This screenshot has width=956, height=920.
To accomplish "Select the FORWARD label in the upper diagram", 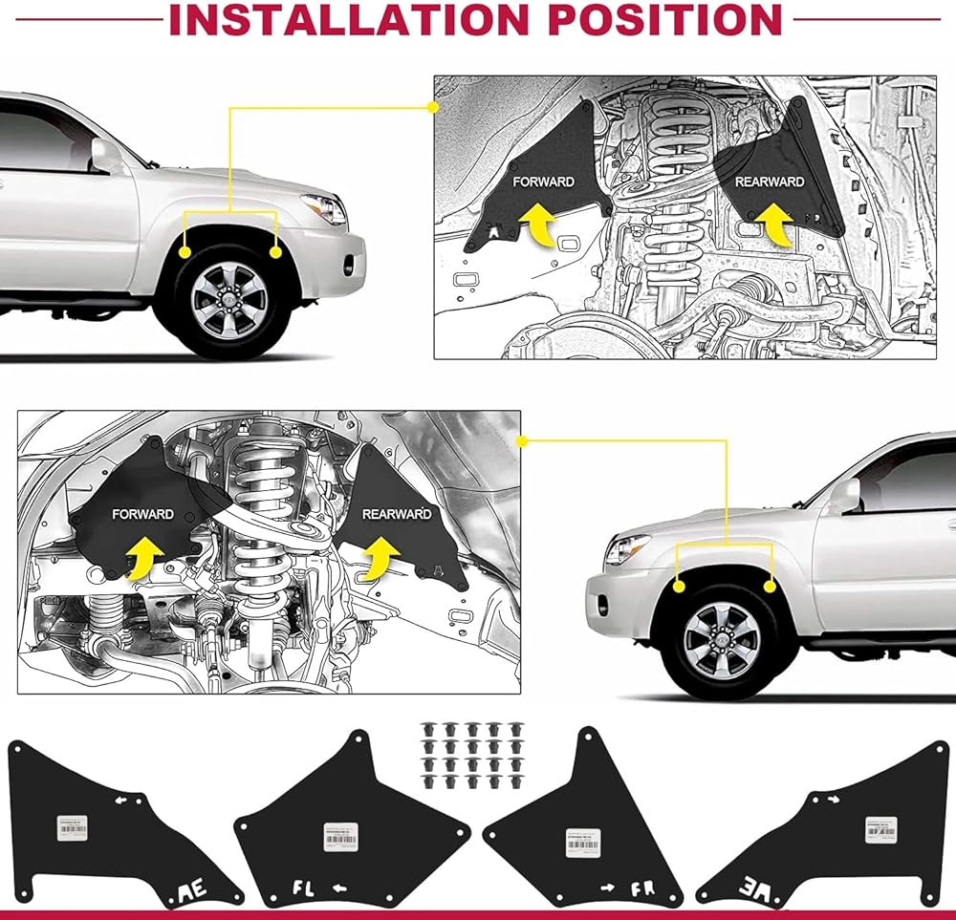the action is point(543,182).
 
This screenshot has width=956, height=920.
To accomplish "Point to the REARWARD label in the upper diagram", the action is point(769,182).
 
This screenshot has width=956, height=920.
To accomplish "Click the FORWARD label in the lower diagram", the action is point(142,514).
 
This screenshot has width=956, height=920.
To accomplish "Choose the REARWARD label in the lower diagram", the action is point(397,514).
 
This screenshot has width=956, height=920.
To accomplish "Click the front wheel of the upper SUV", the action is point(228,299).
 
